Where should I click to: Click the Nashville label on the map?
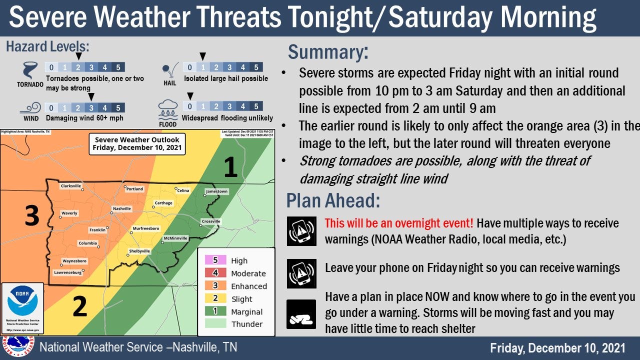(x=121, y=208)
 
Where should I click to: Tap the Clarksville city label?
(x=70, y=186)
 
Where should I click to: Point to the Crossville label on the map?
(x=210, y=221)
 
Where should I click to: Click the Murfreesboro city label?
(x=146, y=228)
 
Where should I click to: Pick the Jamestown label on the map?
(x=216, y=191)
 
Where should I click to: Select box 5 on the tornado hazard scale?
(x=118, y=67)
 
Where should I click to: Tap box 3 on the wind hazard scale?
(x=91, y=107)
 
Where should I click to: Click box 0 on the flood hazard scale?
(x=190, y=106)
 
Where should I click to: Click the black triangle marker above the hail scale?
(x=203, y=56)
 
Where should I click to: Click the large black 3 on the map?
(x=32, y=216)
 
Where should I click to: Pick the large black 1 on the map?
(x=230, y=167)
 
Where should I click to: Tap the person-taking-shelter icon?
(x=301, y=314)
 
